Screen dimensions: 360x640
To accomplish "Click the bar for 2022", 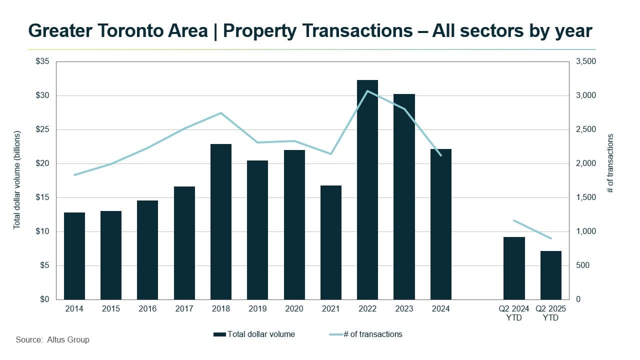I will [x=367, y=190].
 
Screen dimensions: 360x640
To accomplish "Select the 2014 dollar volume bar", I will [x=74, y=256].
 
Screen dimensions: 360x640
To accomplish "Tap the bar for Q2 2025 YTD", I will [x=551, y=275].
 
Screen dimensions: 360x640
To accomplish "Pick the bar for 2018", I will [x=221, y=221].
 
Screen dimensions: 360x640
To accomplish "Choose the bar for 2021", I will [x=331, y=242].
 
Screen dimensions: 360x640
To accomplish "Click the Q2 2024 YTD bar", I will [x=514, y=268].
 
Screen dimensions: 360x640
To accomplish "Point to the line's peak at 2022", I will [x=367, y=91].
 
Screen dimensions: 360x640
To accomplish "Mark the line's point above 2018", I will [x=221, y=113].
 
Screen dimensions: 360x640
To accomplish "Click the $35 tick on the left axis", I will [x=43, y=61].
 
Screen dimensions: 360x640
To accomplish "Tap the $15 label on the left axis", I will [x=43, y=197].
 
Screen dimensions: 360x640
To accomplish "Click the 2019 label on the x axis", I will [x=257, y=309].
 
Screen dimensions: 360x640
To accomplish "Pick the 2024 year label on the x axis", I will [x=440, y=309].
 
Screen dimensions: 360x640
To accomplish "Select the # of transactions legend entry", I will [x=372, y=334].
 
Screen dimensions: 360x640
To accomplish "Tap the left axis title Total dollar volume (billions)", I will [x=17, y=180].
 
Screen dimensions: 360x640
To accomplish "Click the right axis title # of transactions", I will [x=610, y=163].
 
